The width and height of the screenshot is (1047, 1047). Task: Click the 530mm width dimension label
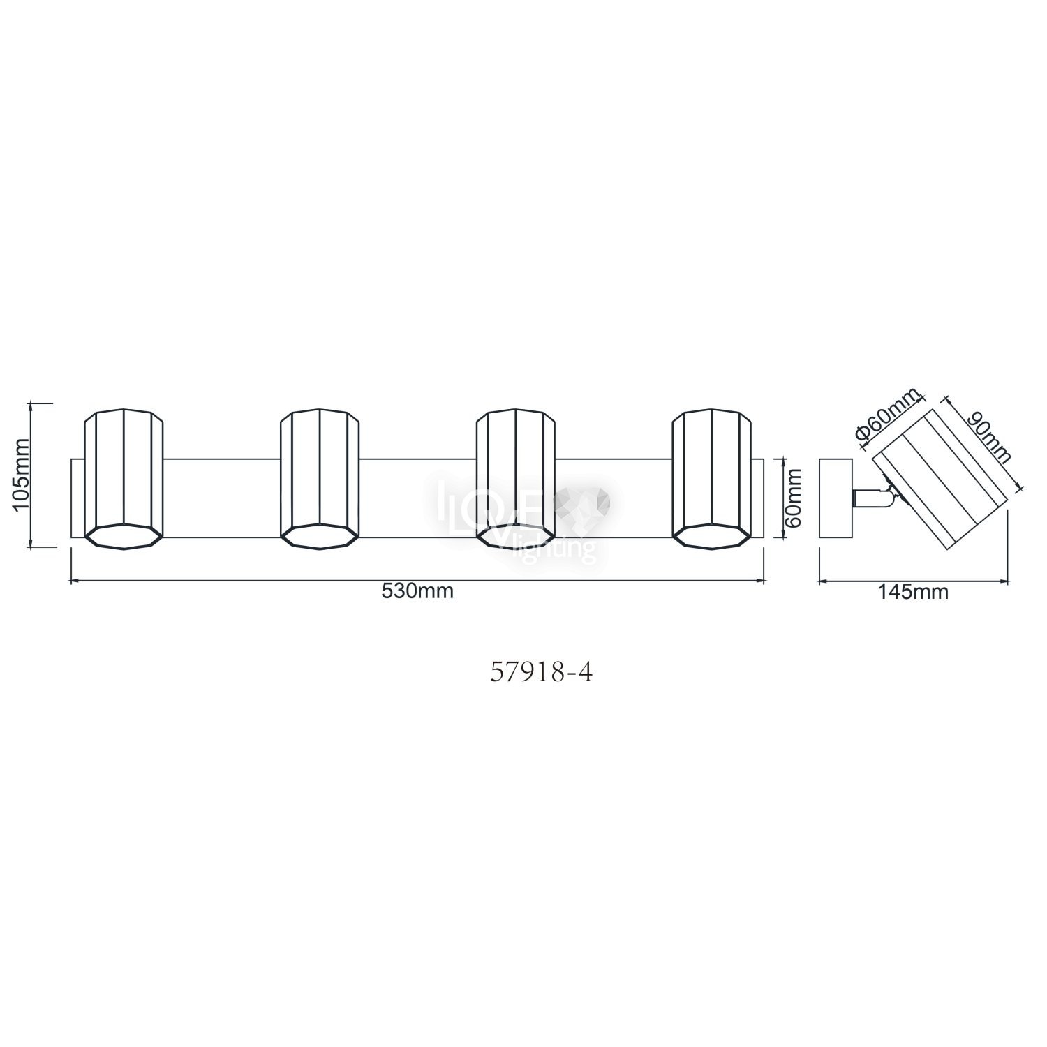(x=417, y=591)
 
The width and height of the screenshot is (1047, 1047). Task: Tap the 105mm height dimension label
(x=22, y=475)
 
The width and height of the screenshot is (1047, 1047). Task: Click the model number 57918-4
(x=542, y=673)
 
